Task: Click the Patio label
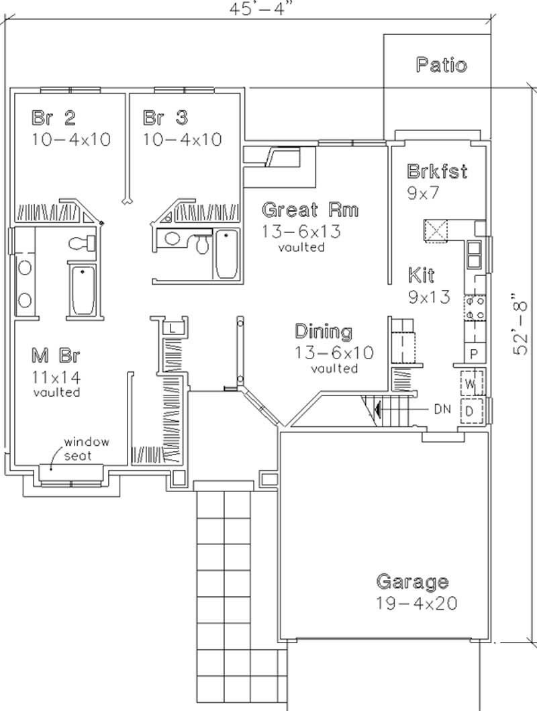pos(441,65)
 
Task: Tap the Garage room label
pos(412,581)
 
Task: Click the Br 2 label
pos(54,118)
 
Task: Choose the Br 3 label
pos(166,118)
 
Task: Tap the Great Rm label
pos(309,209)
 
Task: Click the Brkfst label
pos(437,171)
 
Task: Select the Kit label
pos(421,275)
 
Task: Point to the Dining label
pos(324,332)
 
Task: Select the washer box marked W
pos(471,384)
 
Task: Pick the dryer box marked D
pos(471,410)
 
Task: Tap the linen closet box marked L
pos(173,328)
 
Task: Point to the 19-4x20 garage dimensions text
pos(416,602)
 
